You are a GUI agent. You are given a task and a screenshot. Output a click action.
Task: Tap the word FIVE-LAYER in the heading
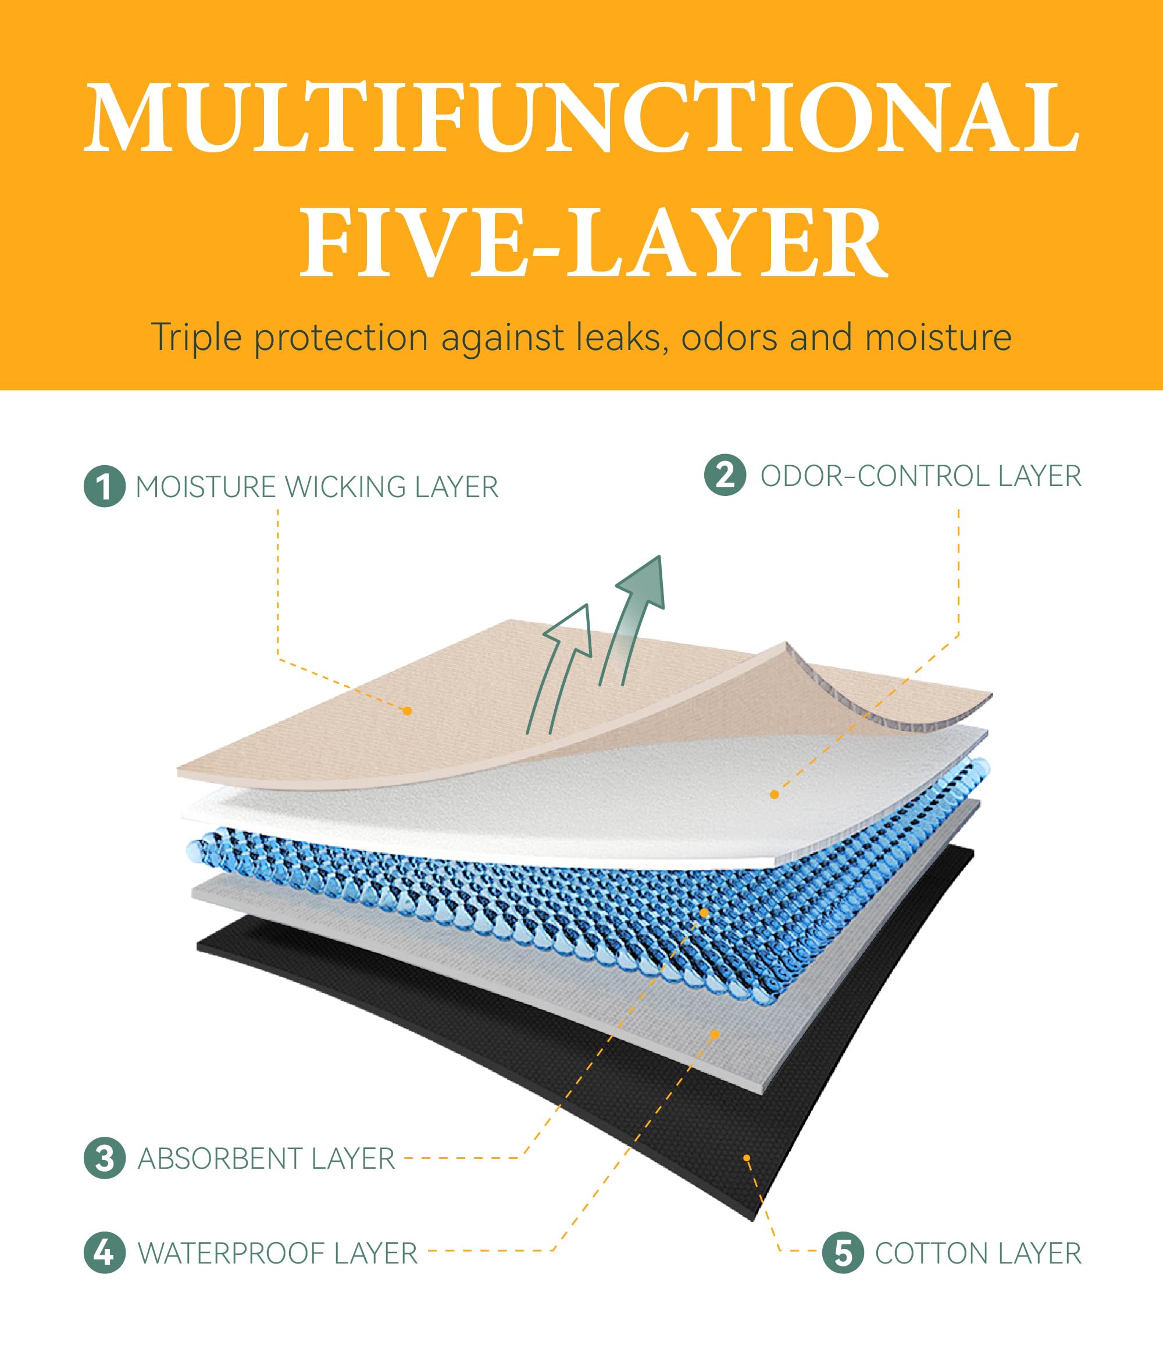pos(593,242)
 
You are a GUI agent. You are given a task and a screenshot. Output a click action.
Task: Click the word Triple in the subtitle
pos(196,338)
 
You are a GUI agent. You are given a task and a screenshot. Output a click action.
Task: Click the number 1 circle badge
pos(104,486)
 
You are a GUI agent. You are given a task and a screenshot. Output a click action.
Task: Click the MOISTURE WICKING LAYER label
pos(317,487)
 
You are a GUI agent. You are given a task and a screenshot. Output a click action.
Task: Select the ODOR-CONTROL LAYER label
pos(921,476)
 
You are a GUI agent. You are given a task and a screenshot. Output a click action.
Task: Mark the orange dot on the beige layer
pos(408,711)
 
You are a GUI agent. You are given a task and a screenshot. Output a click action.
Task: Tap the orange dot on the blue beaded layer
pos(704,913)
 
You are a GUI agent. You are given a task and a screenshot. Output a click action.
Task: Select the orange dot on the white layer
pos(774,794)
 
